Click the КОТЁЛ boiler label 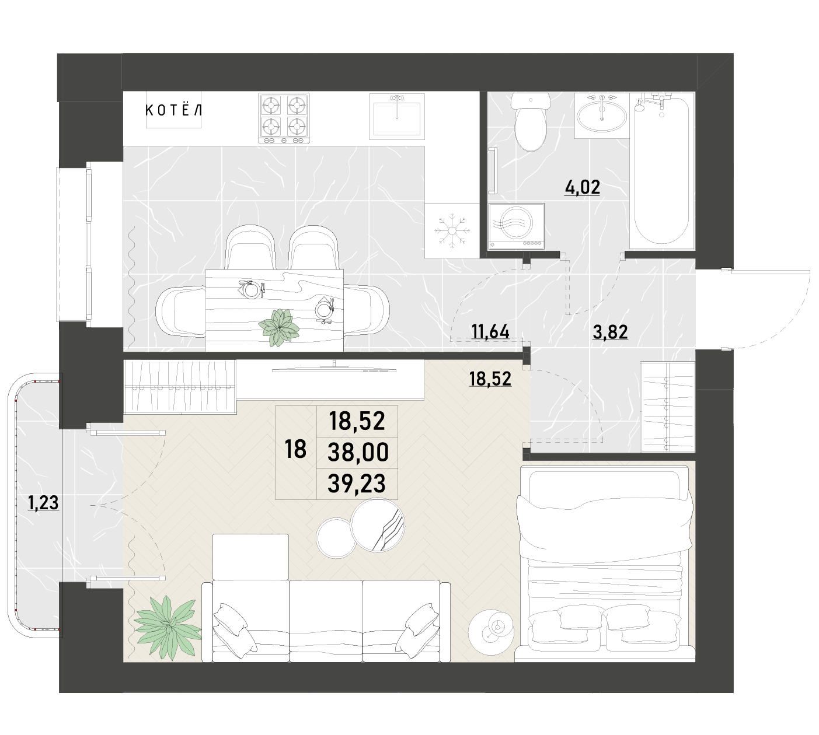[173, 110]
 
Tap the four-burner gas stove [284, 118]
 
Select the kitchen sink [396, 116]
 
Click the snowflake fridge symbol [452, 231]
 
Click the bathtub [662, 170]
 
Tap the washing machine [516, 226]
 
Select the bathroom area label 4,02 [582, 187]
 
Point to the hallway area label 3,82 [610, 332]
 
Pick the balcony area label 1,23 [43, 503]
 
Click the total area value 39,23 [356, 484]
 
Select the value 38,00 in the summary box [358, 452]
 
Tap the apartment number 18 [295, 449]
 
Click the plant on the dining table [279, 327]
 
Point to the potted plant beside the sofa [168, 627]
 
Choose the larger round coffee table [378, 525]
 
